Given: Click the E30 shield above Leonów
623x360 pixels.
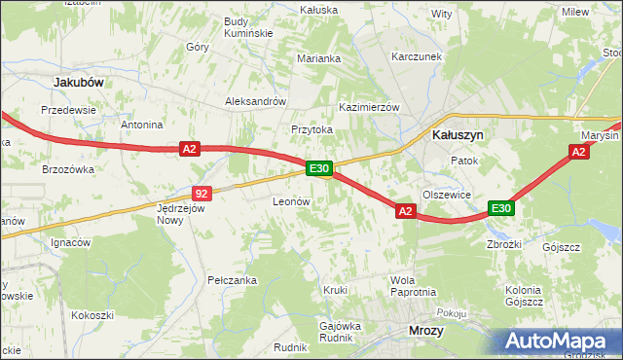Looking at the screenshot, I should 320,168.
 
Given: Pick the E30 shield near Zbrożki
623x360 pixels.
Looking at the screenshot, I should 500,208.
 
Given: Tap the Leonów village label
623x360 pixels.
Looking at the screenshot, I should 290,201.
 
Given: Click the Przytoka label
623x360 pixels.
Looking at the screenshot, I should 311,128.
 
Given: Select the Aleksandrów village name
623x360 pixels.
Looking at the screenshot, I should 254,100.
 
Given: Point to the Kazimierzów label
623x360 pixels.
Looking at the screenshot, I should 369,107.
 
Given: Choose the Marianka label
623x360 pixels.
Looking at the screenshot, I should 318,58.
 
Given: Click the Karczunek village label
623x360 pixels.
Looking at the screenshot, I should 417,57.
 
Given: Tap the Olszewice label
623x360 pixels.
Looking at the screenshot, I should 447,195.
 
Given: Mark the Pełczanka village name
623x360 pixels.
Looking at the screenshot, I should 232,280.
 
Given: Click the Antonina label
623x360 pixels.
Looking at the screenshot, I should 141,125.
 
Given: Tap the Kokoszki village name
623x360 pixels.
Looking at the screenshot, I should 92,315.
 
